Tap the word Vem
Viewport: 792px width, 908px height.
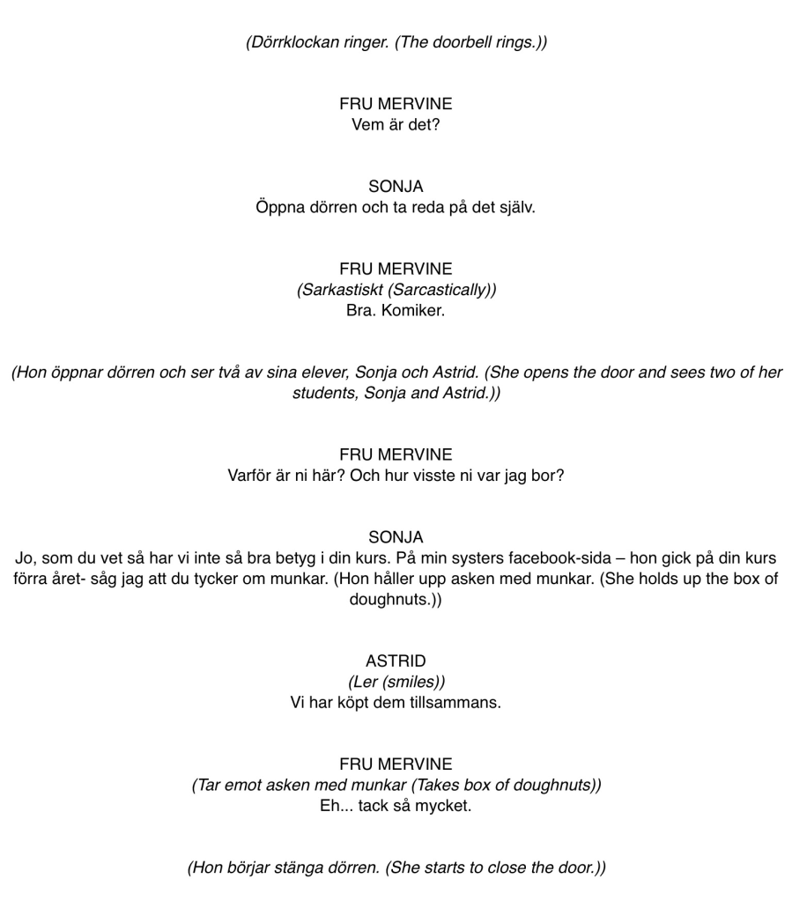click(x=367, y=125)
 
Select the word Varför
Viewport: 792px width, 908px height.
click(x=253, y=476)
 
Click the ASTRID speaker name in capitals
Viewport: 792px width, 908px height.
click(x=396, y=661)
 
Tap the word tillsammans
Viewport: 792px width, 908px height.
click(x=458, y=703)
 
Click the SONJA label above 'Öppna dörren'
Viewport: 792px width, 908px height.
click(x=396, y=187)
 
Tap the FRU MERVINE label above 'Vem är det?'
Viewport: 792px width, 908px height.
click(x=396, y=103)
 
